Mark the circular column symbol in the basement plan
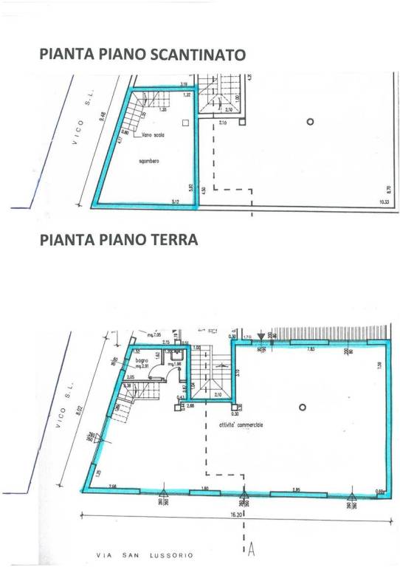311,121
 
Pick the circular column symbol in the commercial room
302,408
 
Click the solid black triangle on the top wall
261,337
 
